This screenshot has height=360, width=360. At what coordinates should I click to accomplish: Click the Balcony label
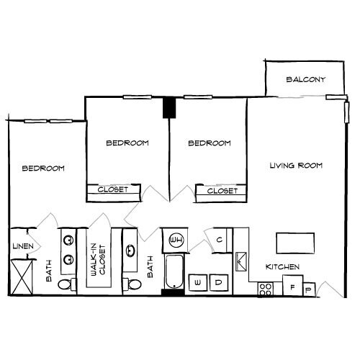305,79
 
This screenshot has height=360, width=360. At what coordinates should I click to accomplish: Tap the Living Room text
296,166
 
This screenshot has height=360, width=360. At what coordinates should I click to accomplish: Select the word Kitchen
282,267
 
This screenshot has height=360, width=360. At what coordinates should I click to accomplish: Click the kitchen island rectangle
296,243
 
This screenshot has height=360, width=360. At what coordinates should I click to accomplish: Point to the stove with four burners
266,289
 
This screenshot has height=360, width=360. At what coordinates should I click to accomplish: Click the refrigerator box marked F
291,286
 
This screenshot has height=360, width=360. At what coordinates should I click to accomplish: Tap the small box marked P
310,289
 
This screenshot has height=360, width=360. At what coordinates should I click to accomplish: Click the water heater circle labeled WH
176,240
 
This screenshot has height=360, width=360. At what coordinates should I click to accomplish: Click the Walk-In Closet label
98,261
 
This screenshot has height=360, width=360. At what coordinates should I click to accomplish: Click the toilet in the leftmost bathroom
66,286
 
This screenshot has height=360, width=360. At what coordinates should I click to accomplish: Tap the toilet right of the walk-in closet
130,285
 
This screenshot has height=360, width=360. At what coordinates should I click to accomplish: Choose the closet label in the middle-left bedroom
112,190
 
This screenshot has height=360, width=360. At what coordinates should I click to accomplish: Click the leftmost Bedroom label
43,168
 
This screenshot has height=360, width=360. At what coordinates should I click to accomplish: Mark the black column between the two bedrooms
170,107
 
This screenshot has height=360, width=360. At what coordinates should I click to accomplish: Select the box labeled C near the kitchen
219,240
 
